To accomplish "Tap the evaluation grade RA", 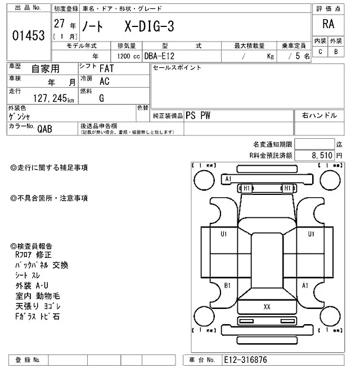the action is pos(328,24).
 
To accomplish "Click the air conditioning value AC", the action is pos(104,81).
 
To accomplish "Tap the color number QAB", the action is pos(44,128).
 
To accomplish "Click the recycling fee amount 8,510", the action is pos(322,154).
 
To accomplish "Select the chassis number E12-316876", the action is pos(245,360).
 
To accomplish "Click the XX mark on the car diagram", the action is pos(267,307).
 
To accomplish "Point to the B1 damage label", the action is pos(228,285).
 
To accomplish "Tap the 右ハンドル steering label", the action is pos(319,116).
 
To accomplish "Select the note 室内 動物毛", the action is pos(38,296).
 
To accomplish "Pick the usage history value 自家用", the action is pos(44,69).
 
